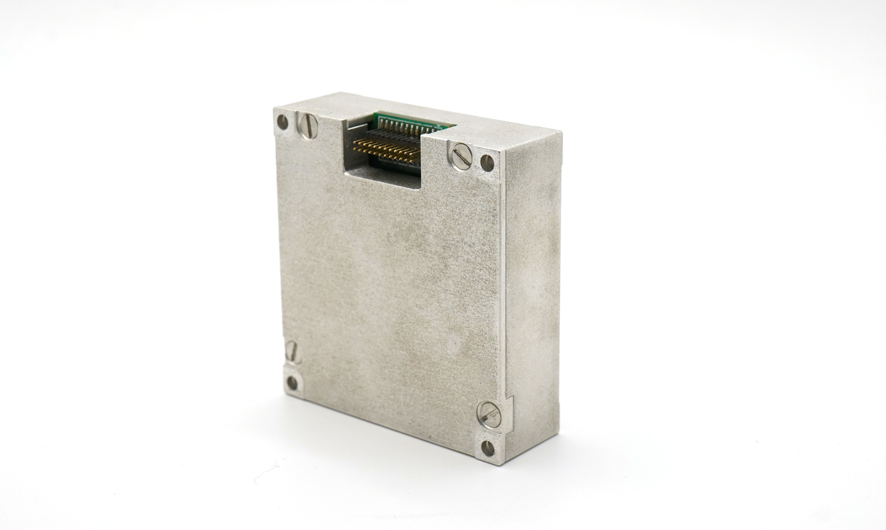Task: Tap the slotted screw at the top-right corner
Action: tap(462, 156)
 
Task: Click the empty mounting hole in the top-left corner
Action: tap(282, 122)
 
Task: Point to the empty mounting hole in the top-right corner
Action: tap(487, 163)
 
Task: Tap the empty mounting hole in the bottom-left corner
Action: tap(292, 383)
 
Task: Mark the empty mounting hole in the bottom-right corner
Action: tap(488, 448)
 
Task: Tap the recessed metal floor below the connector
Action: tap(382, 177)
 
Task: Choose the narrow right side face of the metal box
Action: tap(532, 286)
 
